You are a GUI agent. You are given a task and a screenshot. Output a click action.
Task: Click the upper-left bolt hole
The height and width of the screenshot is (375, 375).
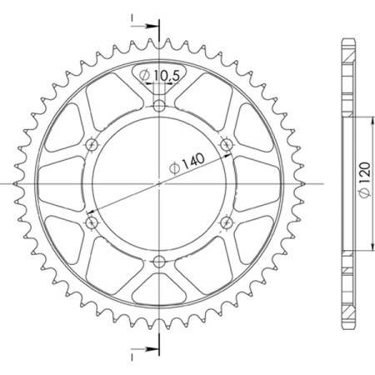tap(92, 144)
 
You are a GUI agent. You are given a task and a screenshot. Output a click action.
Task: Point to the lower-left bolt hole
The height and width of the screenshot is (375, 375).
tap(92, 221)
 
